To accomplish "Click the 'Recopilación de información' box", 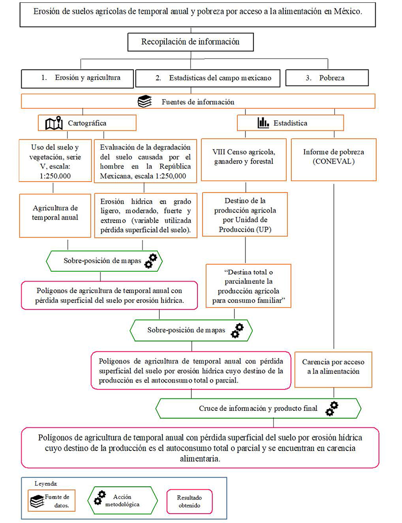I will (190, 42).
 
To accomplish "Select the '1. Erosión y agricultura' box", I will (78, 78).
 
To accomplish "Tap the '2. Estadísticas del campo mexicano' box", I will (209, 78).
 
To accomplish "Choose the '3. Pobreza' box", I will (327, 78).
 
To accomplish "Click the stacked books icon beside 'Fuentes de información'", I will (145, 101).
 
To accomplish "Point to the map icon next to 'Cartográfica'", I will (54, 123).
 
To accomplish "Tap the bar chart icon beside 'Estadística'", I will (263, 123).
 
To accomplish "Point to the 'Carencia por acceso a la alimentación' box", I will (333, 366).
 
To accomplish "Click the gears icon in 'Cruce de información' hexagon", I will (332, 409).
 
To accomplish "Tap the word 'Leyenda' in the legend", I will (45, 483).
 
